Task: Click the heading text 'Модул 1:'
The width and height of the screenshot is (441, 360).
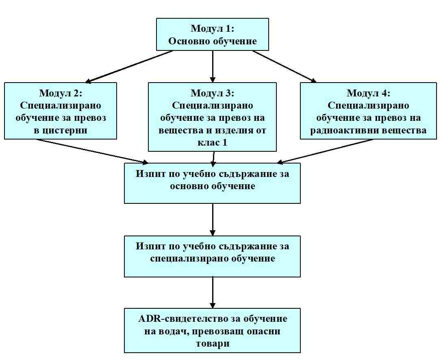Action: tap(212, 28)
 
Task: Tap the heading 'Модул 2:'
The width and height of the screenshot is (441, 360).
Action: tap(61, 93)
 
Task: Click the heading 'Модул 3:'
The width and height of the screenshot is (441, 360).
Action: tap(212, 93)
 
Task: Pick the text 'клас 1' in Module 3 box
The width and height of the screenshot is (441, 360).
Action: tap(212, 142)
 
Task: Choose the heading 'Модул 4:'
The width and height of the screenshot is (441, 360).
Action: tap(368, 93)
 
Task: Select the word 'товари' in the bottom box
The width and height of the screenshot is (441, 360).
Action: tap(212, 343)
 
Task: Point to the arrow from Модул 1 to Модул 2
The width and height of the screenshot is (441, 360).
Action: tap(129, 67)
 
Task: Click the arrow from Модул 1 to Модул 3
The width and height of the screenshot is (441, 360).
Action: tap(213, 66)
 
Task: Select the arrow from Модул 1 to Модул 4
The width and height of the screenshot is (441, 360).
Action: tap(285, 66)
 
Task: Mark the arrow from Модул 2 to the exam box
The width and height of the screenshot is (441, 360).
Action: tap(92, 151)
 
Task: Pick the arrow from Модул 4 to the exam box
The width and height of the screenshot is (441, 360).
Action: tap(325, 151)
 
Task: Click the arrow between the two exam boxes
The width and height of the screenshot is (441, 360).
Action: tap(213, 220)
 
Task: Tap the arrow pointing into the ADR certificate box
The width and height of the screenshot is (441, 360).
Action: tap(213, 293)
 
